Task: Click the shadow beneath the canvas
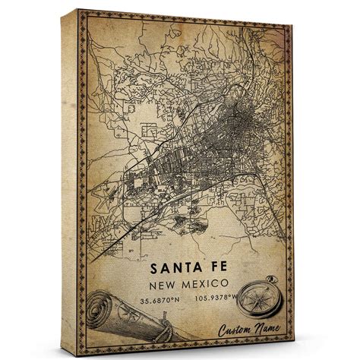pyautogui.click(x=182, y=354)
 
